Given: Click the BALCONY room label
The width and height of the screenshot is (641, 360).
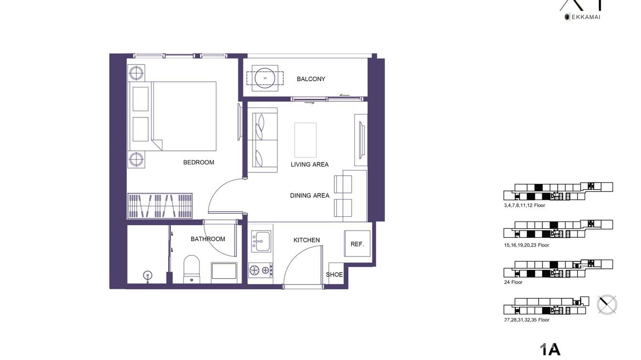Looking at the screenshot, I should click(x=310, y=79).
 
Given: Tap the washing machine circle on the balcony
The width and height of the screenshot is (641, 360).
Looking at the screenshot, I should click(x=265, y=78).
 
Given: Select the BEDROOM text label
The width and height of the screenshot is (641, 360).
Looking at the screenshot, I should click(x=199, y=162).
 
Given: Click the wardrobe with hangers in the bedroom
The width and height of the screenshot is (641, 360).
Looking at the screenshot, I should click(x=160, y=206).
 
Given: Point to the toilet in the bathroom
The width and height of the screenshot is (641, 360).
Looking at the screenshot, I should click(x=191, y=269).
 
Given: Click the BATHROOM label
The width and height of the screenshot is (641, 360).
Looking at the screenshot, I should click(x=208, y=239).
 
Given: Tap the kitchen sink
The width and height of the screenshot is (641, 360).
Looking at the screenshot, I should click(x=261, y=241).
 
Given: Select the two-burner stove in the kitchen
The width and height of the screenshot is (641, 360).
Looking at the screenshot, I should click(x=260, y=271).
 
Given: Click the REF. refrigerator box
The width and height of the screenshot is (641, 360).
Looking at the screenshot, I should click(x=357, y=244).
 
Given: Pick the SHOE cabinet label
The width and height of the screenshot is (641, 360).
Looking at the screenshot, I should click(x=334, y=275).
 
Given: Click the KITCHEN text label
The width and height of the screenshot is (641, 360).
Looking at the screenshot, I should click(x=307, y=240).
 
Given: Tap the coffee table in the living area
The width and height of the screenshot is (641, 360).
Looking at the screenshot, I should click(x=305, y=140).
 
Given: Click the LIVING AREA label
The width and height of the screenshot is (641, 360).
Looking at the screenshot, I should click(x=310, y=164).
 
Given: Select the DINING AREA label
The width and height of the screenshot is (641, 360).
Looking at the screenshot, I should click(x=310, y=195).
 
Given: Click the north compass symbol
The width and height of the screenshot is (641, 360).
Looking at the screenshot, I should click(x=607, y=304).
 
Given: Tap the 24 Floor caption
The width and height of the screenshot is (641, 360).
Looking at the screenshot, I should click(x=513, y=282).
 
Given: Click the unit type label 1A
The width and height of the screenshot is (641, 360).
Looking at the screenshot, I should click(x=550, y=349).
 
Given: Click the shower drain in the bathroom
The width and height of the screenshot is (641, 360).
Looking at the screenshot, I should click(x=148, y=275).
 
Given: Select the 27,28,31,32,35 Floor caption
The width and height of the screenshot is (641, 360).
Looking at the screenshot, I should click(x=526, y=320).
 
